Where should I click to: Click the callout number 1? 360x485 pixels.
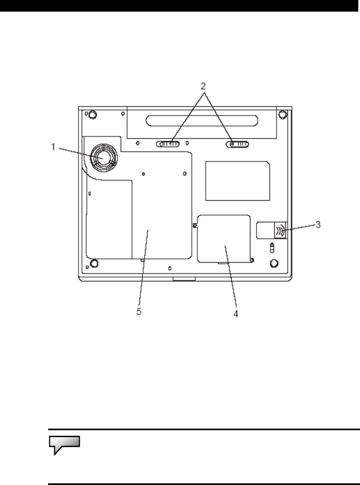click(53, 147)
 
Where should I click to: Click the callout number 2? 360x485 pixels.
click(203, 86)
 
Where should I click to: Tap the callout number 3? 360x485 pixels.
click(318, 225)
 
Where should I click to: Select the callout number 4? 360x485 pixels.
click(236, 314)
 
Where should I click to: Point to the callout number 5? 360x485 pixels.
click(139, 311)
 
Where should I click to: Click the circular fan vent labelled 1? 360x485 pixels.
click(104, 158)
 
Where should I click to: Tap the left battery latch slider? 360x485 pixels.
click(168, 144)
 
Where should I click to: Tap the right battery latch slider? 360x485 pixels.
click(238, 144)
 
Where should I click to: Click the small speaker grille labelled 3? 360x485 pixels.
click(281, 231)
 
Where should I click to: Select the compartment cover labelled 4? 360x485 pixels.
click(224, 239)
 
